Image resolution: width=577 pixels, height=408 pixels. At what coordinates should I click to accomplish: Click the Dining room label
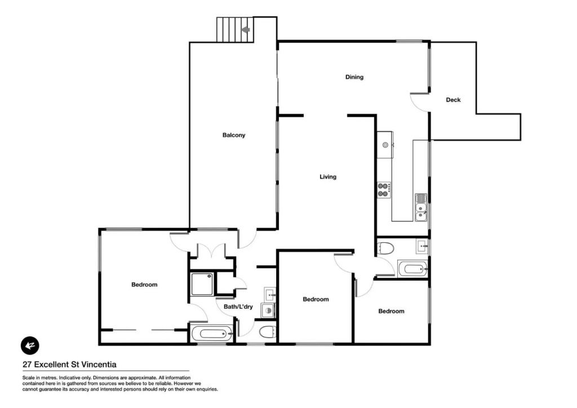click(x=354, y=77)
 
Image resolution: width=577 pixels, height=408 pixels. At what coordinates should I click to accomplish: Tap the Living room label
click(x=328, y=177)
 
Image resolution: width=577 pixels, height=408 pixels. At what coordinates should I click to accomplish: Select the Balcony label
click(x=234, y=135)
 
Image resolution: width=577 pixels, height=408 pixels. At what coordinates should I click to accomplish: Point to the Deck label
click(x=453, y=100)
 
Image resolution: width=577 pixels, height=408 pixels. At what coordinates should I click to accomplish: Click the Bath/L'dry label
click(x=238, y=307)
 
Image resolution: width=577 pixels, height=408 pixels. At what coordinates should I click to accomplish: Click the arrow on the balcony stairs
click(x=246, y=29)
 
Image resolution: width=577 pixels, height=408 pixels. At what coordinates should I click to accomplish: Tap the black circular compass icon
click(x=30, y=345)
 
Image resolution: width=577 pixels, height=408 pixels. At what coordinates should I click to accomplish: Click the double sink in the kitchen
click(x=421, y=207)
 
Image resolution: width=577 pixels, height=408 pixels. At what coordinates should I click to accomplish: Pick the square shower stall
click(x=202, y=283)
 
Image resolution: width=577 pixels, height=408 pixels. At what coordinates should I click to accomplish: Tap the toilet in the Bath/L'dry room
click(x=268, y=332)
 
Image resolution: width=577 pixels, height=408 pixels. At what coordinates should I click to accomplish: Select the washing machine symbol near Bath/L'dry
click(x=268, y=311)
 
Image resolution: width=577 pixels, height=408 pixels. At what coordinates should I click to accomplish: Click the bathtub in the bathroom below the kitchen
click(x=412, y=269)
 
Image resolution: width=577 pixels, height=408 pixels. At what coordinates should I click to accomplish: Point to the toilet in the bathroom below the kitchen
click(x=385, y=248)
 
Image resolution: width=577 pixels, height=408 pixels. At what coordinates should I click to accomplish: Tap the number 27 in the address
click(x=27, y=365)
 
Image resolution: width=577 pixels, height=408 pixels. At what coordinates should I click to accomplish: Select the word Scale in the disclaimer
click(x=28, y=378)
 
